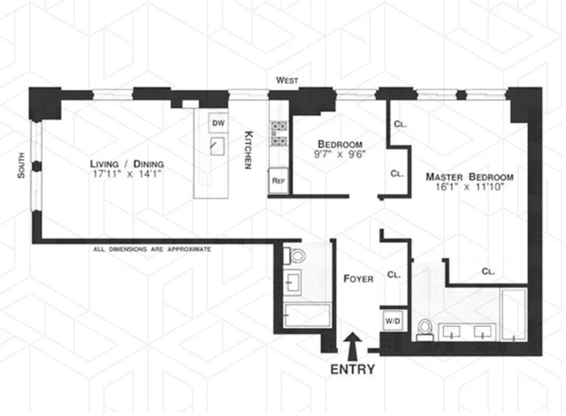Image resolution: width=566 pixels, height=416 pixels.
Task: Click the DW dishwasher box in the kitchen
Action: point(218,123)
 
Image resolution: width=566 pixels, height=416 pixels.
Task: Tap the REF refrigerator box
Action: point(278,182)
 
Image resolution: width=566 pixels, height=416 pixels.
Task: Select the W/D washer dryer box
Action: point(393,322)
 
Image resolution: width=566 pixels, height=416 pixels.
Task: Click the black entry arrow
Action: point(353,347)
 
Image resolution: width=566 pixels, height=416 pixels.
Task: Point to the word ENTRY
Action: point(353,370)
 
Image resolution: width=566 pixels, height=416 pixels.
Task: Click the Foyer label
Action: point(358,279)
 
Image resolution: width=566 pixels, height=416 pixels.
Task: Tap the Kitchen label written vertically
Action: point(249,150)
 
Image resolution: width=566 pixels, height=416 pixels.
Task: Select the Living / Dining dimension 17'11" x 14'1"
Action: point(126,175)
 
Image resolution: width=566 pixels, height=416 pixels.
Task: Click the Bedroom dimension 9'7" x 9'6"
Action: point(340,154)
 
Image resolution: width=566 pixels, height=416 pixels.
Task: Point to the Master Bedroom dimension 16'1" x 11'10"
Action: point(469,187)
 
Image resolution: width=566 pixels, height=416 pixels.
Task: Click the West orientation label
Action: point(287,80)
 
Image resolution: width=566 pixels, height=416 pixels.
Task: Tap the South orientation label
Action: point(21,165)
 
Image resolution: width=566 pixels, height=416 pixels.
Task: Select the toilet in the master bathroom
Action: point(425,329)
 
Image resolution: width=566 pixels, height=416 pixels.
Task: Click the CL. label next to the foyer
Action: point(394,275)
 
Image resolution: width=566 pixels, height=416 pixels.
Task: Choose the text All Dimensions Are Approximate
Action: point(152,250)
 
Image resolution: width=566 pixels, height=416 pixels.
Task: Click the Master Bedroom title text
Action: point(469,177)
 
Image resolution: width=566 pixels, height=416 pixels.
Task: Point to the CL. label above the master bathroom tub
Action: point(487,271)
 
